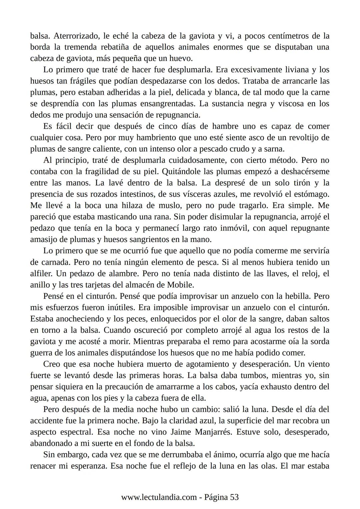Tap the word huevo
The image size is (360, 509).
182,58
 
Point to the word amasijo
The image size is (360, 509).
42,240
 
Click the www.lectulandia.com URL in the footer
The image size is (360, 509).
159,497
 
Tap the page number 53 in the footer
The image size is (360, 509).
234,497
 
